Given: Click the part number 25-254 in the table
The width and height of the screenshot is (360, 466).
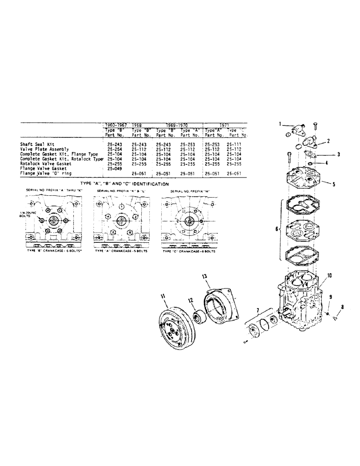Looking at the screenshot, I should [114, 149].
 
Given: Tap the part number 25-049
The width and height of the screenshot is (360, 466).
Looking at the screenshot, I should [114, 168].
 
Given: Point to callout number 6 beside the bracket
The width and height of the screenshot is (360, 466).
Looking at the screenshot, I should [277, 230].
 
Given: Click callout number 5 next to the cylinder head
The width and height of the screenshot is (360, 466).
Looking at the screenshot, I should [333, 184].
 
